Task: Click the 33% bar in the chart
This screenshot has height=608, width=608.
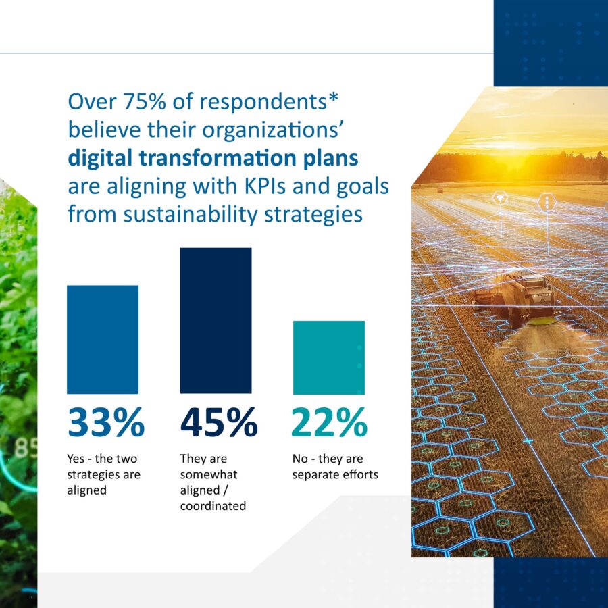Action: (103, 339)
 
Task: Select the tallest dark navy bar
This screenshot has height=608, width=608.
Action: (216, 320)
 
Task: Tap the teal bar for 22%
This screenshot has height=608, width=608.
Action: (328, 357)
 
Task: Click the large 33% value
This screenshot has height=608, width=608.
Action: (106, 423)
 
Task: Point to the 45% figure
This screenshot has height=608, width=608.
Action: (219, 423)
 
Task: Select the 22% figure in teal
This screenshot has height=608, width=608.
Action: (329, 423)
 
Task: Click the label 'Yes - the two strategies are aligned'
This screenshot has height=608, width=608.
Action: (103, 474)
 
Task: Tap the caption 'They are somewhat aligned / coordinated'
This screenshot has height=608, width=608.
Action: (213, 482)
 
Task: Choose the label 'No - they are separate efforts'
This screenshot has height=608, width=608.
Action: (335, 466)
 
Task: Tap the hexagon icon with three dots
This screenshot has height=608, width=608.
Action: (546, 201)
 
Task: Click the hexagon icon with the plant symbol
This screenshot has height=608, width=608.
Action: (501, 198)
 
